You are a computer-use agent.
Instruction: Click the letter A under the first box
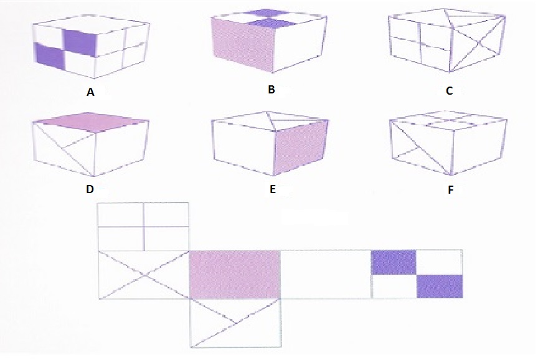click(90, 92)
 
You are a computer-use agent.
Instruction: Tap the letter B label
click(271, 89)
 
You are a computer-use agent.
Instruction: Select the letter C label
click(449, 90)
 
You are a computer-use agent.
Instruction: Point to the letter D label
click(90, 189)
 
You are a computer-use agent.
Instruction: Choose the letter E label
click(273, 189)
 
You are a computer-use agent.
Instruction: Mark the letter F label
click(451, 190)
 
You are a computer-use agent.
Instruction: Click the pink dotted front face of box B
click(243, 45)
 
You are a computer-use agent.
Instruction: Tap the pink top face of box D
click(91, 122)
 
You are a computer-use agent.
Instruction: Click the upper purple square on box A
click(80, 43)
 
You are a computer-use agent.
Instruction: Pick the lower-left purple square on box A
click(50, 57)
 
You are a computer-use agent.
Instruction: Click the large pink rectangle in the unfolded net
click(235, 275)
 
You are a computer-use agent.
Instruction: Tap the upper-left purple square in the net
click(394, 263)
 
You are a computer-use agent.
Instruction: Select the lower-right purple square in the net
click(440, 287)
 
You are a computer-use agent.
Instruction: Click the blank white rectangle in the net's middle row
click(326, 274)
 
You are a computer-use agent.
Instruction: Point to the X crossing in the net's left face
click(144, 275)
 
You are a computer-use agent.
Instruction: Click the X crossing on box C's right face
click(477, 44)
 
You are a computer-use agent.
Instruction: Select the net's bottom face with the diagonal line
click(236, 323)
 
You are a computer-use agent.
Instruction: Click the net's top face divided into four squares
click(143, 227)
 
